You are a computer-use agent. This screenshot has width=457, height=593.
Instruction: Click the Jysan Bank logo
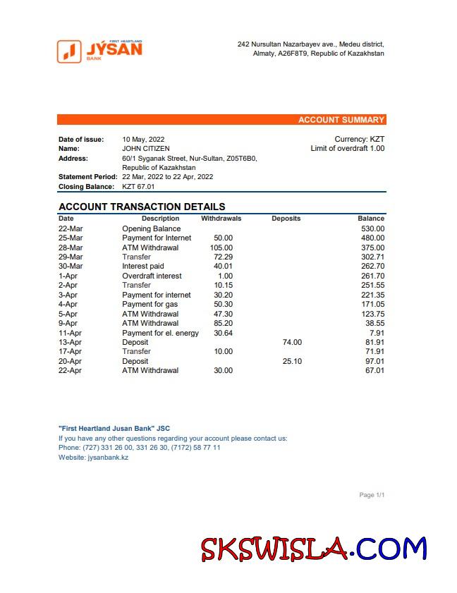99,51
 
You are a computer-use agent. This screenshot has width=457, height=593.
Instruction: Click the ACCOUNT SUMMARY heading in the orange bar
341,120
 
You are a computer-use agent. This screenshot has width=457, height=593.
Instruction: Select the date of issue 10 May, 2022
143,140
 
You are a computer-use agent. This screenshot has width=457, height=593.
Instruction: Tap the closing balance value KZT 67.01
138,187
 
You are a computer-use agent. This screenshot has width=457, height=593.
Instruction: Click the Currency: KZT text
359,140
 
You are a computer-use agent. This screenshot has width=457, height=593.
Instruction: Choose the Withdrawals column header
221,219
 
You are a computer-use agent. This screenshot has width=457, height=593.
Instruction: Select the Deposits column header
286,219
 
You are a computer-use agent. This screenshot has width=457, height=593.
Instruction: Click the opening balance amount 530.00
371,228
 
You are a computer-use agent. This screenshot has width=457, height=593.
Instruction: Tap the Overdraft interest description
152,276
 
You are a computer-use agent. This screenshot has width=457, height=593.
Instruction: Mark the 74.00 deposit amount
292,342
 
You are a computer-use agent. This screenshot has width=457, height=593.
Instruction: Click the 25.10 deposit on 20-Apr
292,361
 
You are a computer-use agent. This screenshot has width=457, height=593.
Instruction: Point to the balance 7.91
377,333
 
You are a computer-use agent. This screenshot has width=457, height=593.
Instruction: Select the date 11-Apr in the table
71,333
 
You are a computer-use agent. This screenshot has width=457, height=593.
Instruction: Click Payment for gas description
150,304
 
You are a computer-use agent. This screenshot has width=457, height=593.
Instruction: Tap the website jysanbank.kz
108,458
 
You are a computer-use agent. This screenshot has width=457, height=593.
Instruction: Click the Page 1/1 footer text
372,495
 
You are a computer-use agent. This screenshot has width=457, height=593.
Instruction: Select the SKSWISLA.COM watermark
313,549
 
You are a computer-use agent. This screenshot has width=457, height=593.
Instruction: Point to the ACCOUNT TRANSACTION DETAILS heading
142,207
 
